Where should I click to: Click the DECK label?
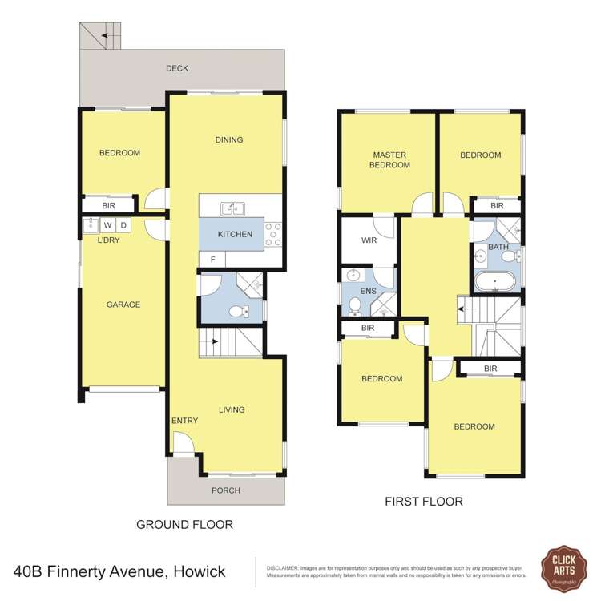177,68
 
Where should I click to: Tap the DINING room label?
229,140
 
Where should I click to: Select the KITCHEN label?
235,234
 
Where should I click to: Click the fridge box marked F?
212,260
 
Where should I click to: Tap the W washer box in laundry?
107,225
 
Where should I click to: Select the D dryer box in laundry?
124,225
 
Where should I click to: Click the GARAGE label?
123,305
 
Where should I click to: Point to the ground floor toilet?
237,311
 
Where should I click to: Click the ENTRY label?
184,421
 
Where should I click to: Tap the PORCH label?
225,490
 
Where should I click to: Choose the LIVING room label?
232,409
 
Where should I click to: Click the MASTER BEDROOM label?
389,160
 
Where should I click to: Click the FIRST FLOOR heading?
424,502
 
